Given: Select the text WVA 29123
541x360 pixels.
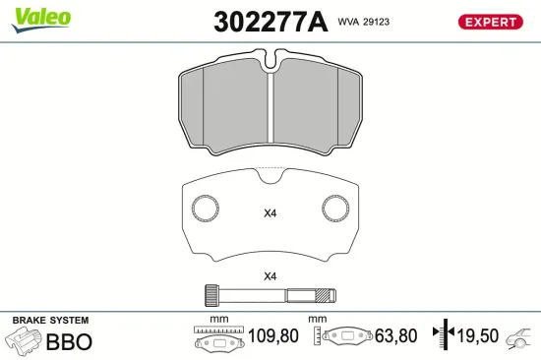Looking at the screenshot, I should (x=364, y=21).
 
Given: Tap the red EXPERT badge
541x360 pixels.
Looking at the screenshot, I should (x=490, y=22).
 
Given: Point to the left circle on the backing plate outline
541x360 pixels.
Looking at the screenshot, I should (x=206, y=208).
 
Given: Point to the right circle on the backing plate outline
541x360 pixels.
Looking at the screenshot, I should (x=335, y=208).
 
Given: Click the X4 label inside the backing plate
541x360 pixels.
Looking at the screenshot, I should (x=270, y=213).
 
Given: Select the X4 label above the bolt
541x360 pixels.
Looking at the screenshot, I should (x=270, y=275).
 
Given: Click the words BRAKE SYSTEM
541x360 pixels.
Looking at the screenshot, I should (x=49, y=321).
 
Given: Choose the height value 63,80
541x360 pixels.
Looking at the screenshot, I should (x=394, y=336).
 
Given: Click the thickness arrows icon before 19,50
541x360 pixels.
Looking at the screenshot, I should (x=447, y=336).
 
